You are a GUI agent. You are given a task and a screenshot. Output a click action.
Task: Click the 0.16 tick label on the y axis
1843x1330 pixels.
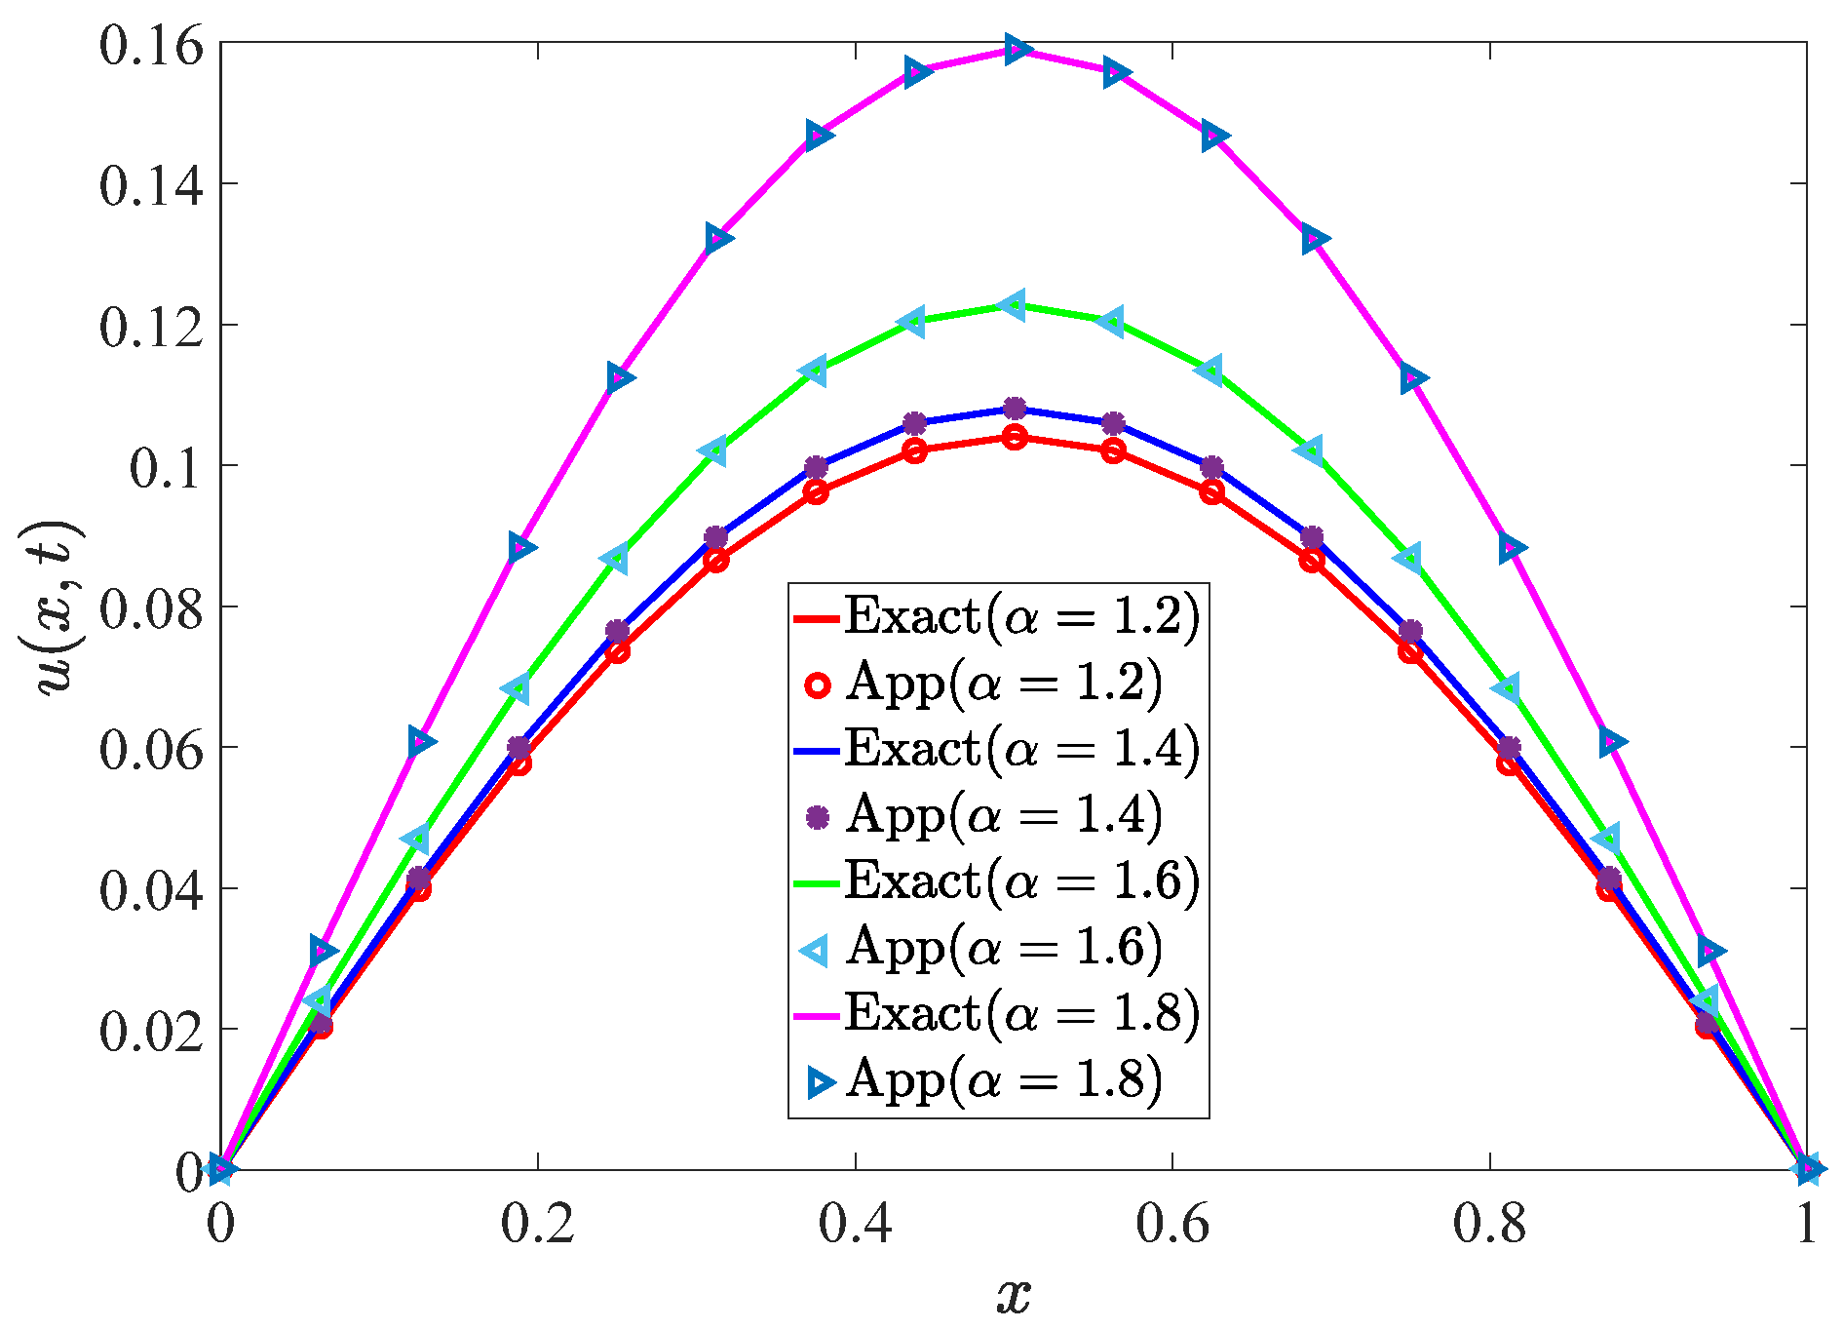click(x=151, y=47)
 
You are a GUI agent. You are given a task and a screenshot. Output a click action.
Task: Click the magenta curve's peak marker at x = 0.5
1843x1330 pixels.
click(x=1015, y=49)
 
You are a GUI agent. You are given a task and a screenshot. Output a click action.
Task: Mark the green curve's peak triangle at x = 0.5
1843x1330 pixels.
click(x=1014, y=305)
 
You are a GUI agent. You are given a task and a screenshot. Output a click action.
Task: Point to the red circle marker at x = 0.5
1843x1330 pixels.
click(x=1015, y=437)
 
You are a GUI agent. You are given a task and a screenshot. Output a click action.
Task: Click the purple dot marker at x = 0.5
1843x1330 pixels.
click(x=1015, y=408)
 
